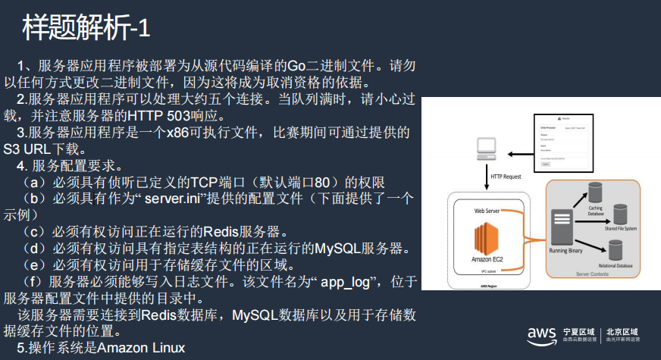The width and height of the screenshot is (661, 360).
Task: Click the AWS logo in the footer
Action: (543, 335)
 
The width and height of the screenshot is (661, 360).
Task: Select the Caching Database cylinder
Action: (596, 193)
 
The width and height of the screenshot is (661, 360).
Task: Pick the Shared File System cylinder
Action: (619, 214)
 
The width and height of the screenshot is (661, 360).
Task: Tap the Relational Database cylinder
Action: (615, 249)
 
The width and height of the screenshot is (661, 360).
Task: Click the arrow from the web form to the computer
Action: (526, 154)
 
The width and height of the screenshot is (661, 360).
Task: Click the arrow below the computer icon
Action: (486, 178)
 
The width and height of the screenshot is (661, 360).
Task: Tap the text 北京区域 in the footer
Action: (622, 332)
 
